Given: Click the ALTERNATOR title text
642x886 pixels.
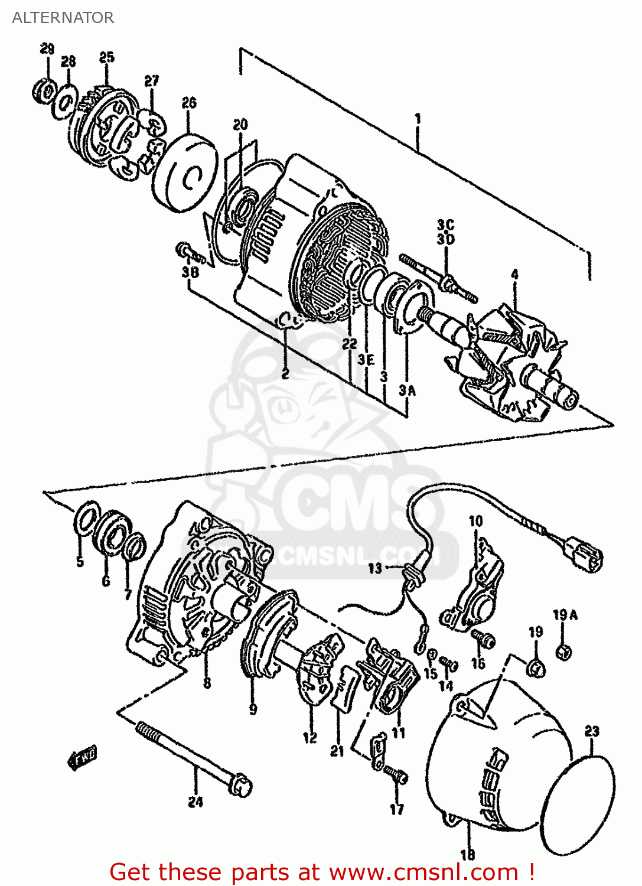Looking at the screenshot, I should (x=63, y=18).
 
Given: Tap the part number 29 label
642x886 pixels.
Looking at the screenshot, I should (x=47, y=49).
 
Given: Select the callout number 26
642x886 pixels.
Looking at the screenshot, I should (x=189, y=103).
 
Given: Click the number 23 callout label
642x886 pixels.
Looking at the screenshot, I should (x=592, y=731).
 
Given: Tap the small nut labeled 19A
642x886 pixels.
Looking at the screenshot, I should (x=563, y=652).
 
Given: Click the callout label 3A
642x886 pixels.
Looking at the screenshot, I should (x=407, y=390).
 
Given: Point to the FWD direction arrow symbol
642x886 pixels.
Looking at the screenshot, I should (x=82, y=757).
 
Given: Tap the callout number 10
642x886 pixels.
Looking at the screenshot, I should (x=475, y=521).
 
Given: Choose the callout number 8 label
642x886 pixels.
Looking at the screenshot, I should (x=207, y=683).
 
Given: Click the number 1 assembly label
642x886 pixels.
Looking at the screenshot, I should (x=418, y=119).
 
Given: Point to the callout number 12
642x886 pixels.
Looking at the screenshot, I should (x=310, y=737).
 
